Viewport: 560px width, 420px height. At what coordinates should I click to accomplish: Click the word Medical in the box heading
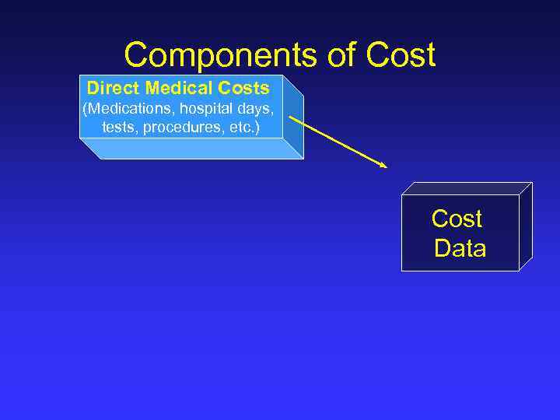pyautogui.click(x=175, y=89)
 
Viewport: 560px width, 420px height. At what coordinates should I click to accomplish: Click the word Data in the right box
pyautogui.click(x=460, y=248)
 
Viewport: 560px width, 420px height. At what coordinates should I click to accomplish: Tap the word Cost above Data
pyautogui.click(x=457, y=219)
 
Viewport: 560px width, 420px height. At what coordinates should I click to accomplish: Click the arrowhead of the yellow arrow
pyautogui.click(x=383, y=165)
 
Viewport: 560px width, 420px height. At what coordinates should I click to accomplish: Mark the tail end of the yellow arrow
pyautogui.click(x=291, y=118)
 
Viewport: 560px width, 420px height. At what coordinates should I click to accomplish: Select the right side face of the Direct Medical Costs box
pyautogui.click(x=293, y=117)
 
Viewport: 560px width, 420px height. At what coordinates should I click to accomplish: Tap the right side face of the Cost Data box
pyautogui.click(x=525, y=226)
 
